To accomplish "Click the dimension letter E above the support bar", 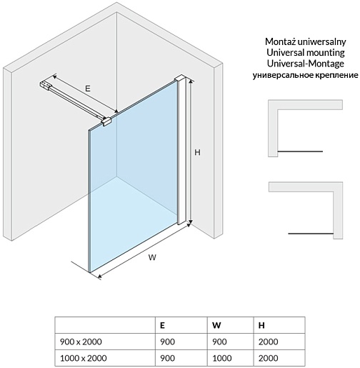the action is click(x=88, y=89).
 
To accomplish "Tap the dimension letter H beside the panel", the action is click(x=197, y=152).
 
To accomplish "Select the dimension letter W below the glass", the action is click(x=152, y=257).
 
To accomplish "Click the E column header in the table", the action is click(x=162, y=325).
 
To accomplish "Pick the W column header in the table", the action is click(x=216, y=325).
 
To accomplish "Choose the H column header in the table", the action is click(x=261, y=325).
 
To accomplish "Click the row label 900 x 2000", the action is click(x=81, y=342).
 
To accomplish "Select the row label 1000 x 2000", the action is click(x=84, y=358).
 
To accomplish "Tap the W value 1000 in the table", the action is click(x=222, y=358).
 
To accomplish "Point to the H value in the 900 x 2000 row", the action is click(x=269, y=342).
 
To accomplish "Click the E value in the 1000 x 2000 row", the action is click(x=168, y=358).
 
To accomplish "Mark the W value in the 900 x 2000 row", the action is click(x=219, y=342).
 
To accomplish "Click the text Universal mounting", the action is click(x=306, y=52).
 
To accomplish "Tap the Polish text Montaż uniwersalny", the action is click(x=306, y=41).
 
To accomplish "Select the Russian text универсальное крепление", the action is click(x=306, y=75).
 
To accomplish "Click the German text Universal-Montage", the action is click(x=306, y=64).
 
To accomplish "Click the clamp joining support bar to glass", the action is click(x=106, y=121).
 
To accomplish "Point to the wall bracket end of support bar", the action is click(x=46, y=85).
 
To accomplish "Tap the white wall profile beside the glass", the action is click(x=182, y=150).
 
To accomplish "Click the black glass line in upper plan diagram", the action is click(x=300, y=151).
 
